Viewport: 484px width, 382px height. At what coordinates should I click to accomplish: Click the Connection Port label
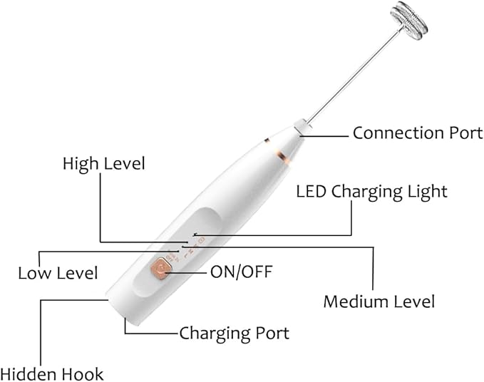pos(418,133)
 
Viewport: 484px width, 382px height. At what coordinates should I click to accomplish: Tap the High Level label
pos(103,163)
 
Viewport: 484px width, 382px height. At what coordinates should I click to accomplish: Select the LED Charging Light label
pos(371,191)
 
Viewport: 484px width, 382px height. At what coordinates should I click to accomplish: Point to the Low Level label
pos(57,272)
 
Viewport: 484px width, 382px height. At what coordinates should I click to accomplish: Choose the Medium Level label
pos(379,301)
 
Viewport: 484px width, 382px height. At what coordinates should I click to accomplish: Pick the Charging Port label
pos(234,333)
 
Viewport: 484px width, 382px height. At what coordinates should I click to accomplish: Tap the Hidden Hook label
pos(51,373)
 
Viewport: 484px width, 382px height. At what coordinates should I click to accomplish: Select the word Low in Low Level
pos(35,272)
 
